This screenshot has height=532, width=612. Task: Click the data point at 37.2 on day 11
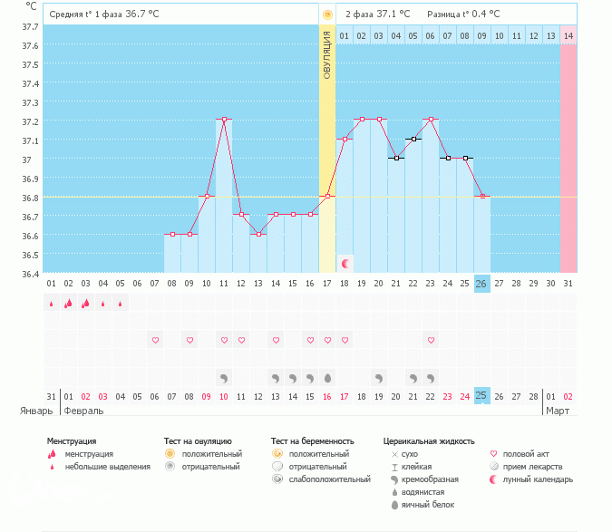[x=223, y=119]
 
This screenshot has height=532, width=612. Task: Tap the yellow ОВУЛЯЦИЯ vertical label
[x=327, y=54]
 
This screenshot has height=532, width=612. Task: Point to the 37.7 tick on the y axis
[x=30, y=27]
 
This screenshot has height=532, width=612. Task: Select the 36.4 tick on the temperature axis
[x=30, y=274]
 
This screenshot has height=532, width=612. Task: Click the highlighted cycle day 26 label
[x=481, y=283]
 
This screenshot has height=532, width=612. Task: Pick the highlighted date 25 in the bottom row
[x=481, y=396]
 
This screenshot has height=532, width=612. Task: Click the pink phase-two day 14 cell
[x=568, y=35]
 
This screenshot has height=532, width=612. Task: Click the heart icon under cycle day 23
[x=431, y=340]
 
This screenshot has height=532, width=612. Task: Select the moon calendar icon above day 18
[x=345, y=263]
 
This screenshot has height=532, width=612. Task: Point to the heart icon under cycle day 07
[x=155, y=340]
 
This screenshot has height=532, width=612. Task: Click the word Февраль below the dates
[x=83, y=411]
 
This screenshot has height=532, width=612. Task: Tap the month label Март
[x=559, y=411]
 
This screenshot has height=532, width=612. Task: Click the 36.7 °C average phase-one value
[x=142, y=15]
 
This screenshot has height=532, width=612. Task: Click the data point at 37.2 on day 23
[x=431, y=119]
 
